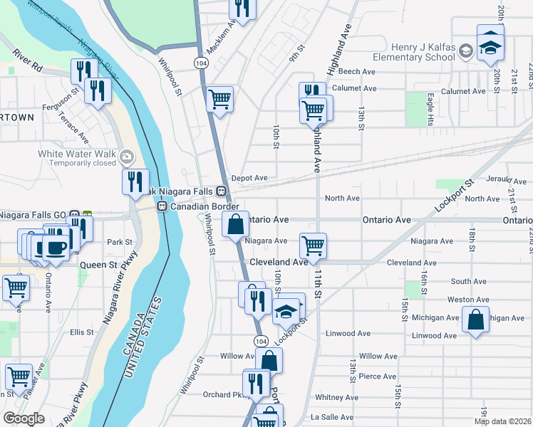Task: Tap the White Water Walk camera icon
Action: click(x=127, y=156)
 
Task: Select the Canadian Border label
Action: click(x=203, y=206)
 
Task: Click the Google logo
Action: click(x=24, y=418)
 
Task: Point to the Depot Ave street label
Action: click(x=249, y=178)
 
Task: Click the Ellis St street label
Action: click(x=82, y=332)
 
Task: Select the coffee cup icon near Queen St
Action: click(x=55, y=247)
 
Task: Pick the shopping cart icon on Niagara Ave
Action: click(x=313, y=246)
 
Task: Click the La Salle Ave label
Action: click(x=328, y=417)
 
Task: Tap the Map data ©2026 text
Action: click(x=502, y=421)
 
